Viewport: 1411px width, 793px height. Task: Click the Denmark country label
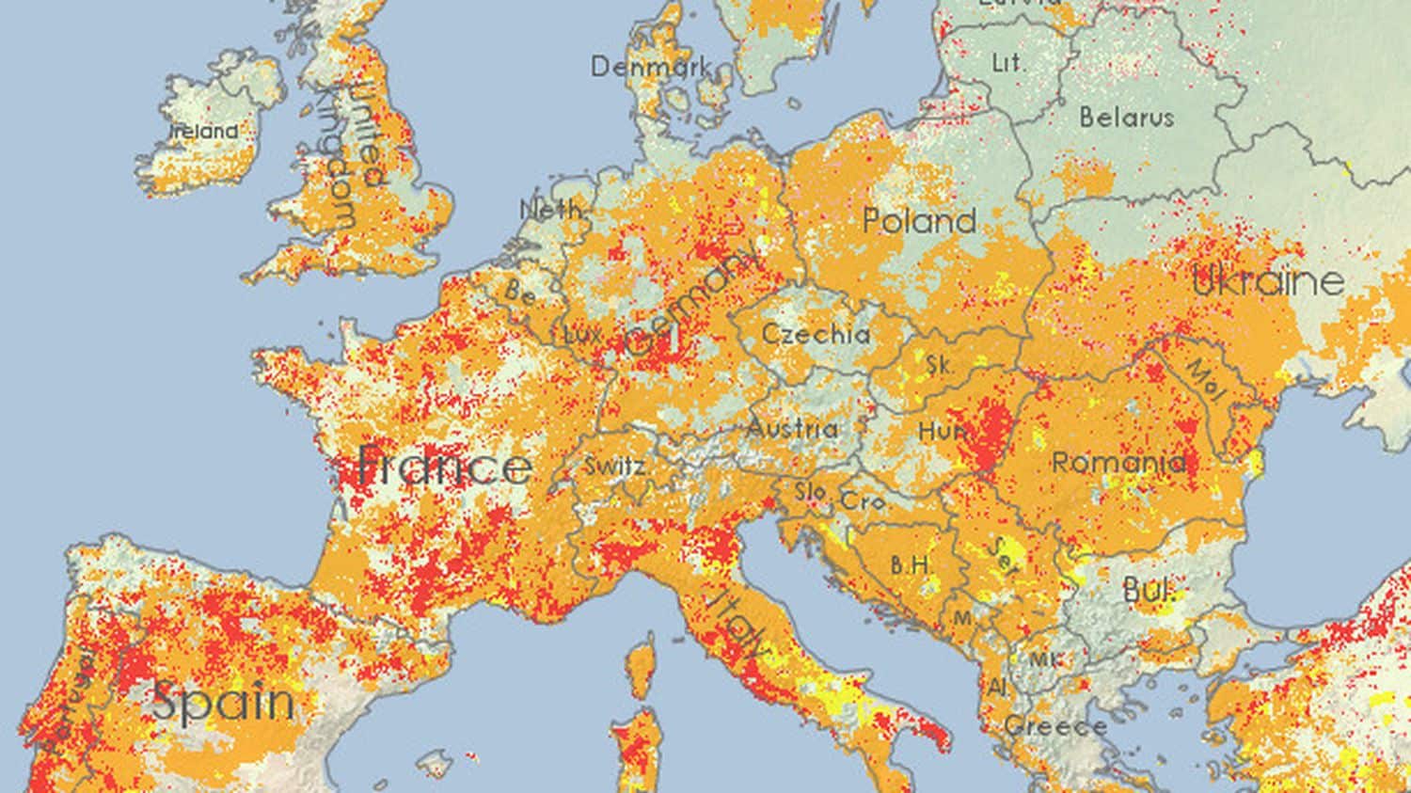coord(650,67)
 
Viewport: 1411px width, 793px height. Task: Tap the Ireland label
coord(204,132)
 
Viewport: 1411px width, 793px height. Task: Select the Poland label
coord(919,222)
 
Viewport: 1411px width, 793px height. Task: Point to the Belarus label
coord(1126,118)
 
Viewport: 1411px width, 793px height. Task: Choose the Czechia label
coord(815,334)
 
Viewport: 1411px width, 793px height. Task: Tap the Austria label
coord(792,429)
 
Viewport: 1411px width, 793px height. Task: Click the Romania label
coord(1118,463)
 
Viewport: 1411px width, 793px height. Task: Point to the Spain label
coord(223,703)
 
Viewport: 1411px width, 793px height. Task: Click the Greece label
coord(1054,726)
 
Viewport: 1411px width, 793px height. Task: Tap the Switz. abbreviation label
coord(614,466)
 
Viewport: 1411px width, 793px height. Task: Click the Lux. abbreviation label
coord(582,334)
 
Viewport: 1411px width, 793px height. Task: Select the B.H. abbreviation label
coord(911,565)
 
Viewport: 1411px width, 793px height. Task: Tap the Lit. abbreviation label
coord(1008,63)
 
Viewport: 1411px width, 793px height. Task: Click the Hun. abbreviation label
coord(943,432)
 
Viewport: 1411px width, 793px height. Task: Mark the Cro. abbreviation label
coord(863,501)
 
